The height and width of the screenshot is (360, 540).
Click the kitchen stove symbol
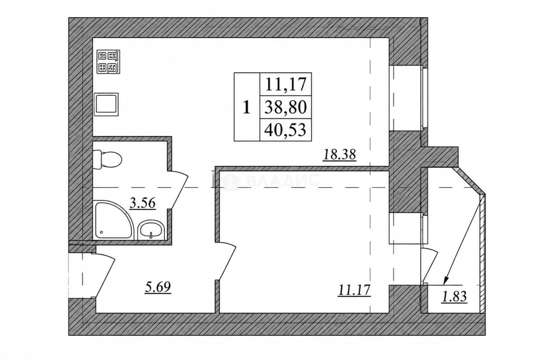108,62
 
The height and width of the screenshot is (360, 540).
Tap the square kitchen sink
106,104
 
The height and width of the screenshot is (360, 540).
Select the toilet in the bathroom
107,159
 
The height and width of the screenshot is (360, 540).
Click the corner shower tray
113,220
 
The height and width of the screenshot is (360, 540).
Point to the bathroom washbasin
151,230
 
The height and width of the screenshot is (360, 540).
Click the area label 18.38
339,155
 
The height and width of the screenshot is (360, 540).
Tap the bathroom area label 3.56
143,203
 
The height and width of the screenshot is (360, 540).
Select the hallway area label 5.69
158,287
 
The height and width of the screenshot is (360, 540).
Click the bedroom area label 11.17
354,290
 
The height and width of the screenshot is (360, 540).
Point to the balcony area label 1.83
454,296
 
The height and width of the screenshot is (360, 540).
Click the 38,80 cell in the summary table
286,107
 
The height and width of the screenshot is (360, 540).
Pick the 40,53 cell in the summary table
286,130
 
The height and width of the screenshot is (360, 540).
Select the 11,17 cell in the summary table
286,84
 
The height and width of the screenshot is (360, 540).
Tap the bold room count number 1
246,107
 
